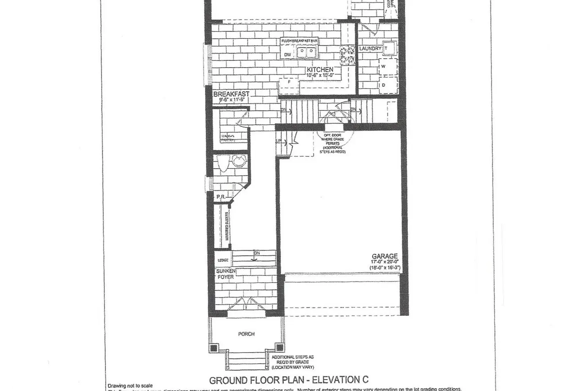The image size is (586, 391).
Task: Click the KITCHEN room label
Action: click(x=320, y=69)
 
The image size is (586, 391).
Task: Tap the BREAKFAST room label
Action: click(x=231, y=94)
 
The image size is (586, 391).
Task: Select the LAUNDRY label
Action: click(x=370, y=48)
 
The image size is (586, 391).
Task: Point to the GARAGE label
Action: click(x=385, y=256)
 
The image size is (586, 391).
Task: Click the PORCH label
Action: click(x=246, y=334)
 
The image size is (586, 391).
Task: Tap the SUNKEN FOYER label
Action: click(x=226, y=274)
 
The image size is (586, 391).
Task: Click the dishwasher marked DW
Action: click(x=288, y=55)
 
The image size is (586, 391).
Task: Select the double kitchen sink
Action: click(x=306, y=51)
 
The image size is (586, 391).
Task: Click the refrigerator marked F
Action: click(x=289, y=82)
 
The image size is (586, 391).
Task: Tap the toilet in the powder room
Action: click(x=223, y=163)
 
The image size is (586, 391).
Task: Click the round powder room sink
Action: click(x=238, y=161)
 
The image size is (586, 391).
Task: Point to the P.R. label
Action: click(x=221, y=197)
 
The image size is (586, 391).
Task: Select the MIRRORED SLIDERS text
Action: click(x=227, y=226)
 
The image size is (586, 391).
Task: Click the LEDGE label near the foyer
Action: click(x=223, y=260)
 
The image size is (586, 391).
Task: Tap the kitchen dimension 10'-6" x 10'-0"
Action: click(x=320, y=75)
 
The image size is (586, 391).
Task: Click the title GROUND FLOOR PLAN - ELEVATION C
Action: click(x=289, y=380)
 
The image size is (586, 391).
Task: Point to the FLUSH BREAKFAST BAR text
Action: click(x=300, y=41)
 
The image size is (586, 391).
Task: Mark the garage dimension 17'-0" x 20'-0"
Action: click(x=385, y=262)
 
